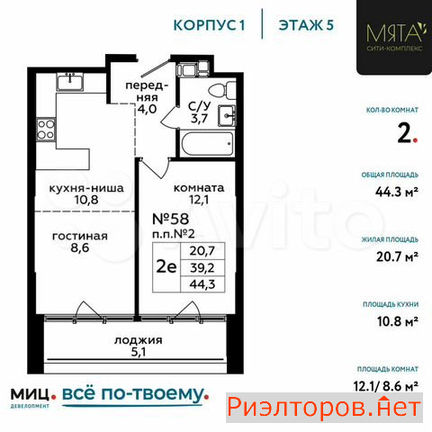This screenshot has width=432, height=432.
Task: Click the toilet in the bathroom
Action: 222,91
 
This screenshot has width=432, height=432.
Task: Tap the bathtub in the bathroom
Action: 207,144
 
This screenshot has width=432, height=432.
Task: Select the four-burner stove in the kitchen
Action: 46,130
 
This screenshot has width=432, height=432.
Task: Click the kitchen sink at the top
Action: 70,82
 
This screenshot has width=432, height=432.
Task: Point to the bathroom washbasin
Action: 227,115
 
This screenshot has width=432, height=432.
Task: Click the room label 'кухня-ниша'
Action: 86,188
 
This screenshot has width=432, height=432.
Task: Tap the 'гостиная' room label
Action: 80,236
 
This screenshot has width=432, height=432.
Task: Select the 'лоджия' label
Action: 139,340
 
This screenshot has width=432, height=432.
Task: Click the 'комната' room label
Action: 199,188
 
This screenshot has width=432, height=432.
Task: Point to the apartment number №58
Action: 171,219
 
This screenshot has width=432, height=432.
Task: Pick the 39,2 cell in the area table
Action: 202,267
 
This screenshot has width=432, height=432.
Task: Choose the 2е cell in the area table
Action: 166,267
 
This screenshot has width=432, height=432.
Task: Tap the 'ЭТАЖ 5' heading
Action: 306,25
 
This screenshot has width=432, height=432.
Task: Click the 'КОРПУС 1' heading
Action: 209,25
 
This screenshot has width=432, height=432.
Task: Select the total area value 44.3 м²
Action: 397,192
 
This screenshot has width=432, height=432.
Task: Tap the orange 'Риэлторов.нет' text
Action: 324,408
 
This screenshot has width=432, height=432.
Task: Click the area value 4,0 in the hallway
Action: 147,109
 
